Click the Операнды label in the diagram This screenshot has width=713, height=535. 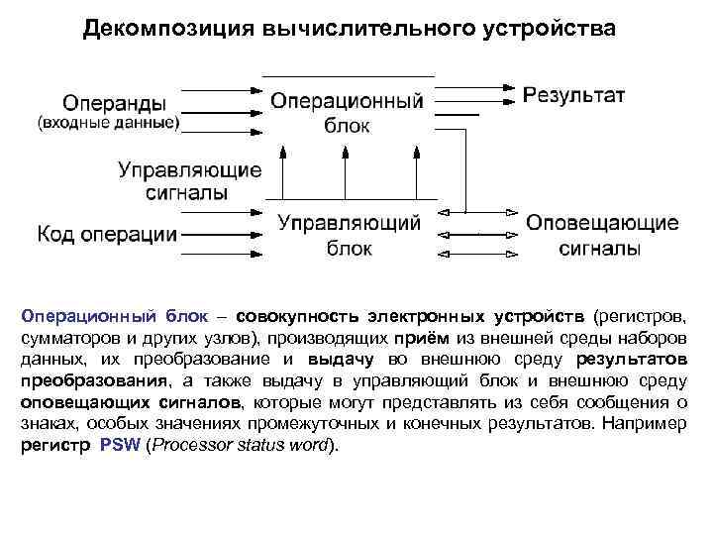click(115, 103)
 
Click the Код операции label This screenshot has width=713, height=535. click(108, 235)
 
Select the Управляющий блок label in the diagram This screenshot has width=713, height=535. click(349, 235)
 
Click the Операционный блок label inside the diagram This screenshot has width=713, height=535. click(348, 113)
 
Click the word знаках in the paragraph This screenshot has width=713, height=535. click(47, 423)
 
